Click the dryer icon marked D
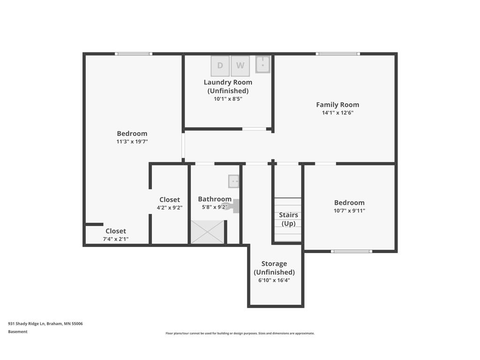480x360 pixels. (x=220, y=66)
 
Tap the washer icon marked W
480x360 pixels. (x=240, y=66)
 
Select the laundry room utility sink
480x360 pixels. (x=263, y=65)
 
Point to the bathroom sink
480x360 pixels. (x=233, y=180)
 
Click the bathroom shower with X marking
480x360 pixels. (x=207, y=232)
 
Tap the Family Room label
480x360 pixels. (x=337, y=105)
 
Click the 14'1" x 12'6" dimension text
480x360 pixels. (x=337, y=112)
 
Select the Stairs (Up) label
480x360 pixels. (x=288, y=219)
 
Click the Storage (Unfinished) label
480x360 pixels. (x=274, y=268)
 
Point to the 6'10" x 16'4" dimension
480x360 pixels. (x=274, y=280)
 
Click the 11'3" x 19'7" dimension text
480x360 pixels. (x=132, y=141)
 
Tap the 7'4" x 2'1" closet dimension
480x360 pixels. (x=116, y=239)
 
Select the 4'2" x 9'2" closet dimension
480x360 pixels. (x=170, y=208)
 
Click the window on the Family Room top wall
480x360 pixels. (x=338, y=54)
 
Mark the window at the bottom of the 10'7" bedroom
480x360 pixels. (x=352, y=251)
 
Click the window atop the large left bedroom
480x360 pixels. (x=134, y=54)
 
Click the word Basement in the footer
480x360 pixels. (x=18, y=331)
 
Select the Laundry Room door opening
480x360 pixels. (x=254, y=129)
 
